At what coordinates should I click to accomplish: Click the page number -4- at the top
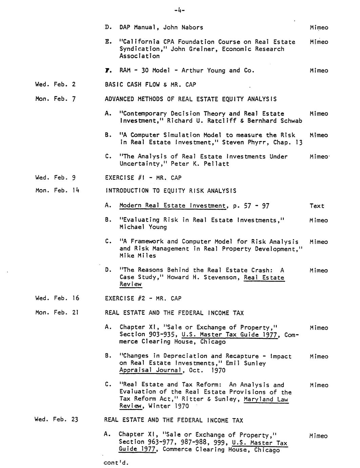tap(179, 11)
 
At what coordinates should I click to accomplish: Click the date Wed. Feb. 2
tap(55, 84)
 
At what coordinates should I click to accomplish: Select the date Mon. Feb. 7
tap(55, 99)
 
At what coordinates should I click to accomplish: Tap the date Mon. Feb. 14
tap(57, 190)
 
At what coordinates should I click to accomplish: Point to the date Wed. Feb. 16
tap(57, 298)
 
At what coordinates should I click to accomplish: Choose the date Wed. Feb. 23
tap(56, 420)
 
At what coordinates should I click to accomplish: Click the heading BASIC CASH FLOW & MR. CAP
tap(150, 84)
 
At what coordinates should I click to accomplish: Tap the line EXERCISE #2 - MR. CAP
tap(143, 298)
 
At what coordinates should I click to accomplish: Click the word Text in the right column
tap(317, 206)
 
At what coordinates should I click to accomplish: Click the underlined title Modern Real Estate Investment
tap(172, 206)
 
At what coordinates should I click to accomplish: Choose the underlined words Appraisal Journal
tap(151, 370)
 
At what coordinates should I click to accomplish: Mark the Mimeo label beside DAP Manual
tap(319, 28)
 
